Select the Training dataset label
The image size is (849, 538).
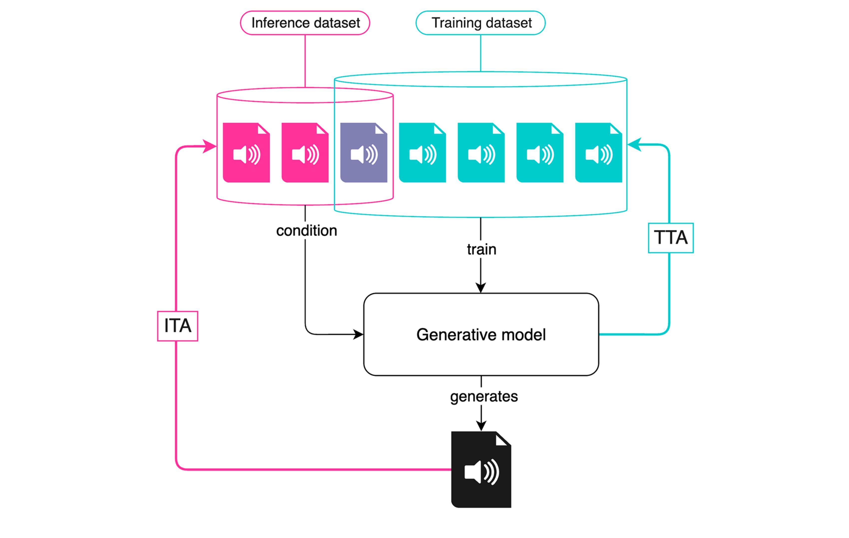tap(481, 23)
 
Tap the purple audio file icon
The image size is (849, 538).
tap(364, 152)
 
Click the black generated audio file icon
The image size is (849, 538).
tap(481, 469)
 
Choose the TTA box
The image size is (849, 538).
tap(671, 237)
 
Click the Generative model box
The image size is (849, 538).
tap(481, 334)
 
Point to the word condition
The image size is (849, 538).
tap(306, 231)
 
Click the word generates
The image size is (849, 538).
tap(484, 396)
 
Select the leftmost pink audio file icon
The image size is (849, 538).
tap(246, 152)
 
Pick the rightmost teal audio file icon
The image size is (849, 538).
tap(598, 152)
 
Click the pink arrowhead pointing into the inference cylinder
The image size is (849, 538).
tap(211, 146)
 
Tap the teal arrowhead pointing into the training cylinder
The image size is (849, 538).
tap(634, 144)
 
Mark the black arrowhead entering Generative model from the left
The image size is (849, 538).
tap(359, 334)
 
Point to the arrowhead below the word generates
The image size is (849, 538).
tap(481, 425)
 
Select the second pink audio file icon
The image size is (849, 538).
tap(305, 152)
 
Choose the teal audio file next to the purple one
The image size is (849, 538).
tap(423, 152)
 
